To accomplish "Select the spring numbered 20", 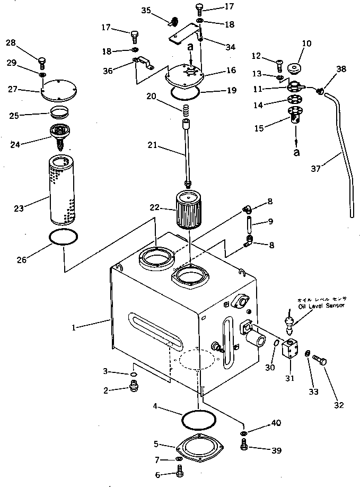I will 186,113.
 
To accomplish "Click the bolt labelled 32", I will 320,363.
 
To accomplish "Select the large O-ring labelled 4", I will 199,419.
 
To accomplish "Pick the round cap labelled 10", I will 294,69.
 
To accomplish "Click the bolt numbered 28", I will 42,62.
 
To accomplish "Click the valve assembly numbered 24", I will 62,133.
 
